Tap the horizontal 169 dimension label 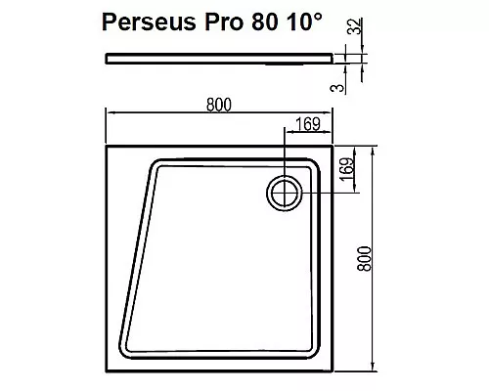(310, 124)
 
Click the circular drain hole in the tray (285, 192)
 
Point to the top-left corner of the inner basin (155, 164)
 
